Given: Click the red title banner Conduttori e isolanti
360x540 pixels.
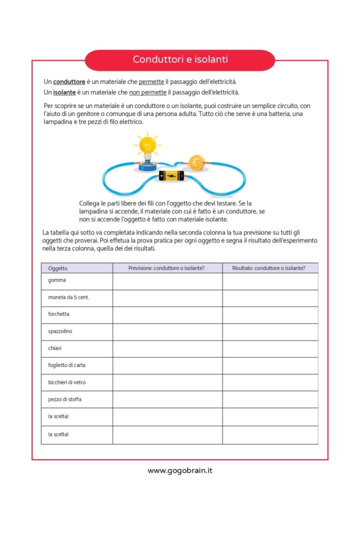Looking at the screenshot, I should pos(180,60).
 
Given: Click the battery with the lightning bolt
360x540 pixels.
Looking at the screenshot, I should pos(172,176).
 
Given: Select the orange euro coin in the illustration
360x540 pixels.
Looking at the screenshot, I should pos(196,163).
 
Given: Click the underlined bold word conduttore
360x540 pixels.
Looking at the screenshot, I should pos(70,82).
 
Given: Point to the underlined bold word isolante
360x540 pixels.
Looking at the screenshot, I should pos(64,92).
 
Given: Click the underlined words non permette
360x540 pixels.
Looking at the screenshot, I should pos(148,92).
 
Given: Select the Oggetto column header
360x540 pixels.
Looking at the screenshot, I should pos(58,268).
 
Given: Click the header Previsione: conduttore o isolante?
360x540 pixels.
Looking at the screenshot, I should pos(167,268).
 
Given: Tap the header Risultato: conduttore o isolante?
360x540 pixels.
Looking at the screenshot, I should pos(270,268).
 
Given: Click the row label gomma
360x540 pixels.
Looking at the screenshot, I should pos(57,280).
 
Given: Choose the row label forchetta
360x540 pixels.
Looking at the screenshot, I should pos(59,314).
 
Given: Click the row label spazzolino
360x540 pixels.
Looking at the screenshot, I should pos(60,331).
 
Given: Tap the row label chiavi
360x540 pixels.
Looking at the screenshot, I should pos(55,348).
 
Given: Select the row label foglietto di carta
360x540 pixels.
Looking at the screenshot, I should pos(67,365).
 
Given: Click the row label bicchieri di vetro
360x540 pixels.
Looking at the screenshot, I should pos(67,382).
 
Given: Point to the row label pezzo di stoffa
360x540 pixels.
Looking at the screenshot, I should pos(65,399).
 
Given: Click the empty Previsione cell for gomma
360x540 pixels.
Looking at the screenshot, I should pos(167,281).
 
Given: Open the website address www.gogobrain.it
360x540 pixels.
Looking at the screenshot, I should pos(180,470).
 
